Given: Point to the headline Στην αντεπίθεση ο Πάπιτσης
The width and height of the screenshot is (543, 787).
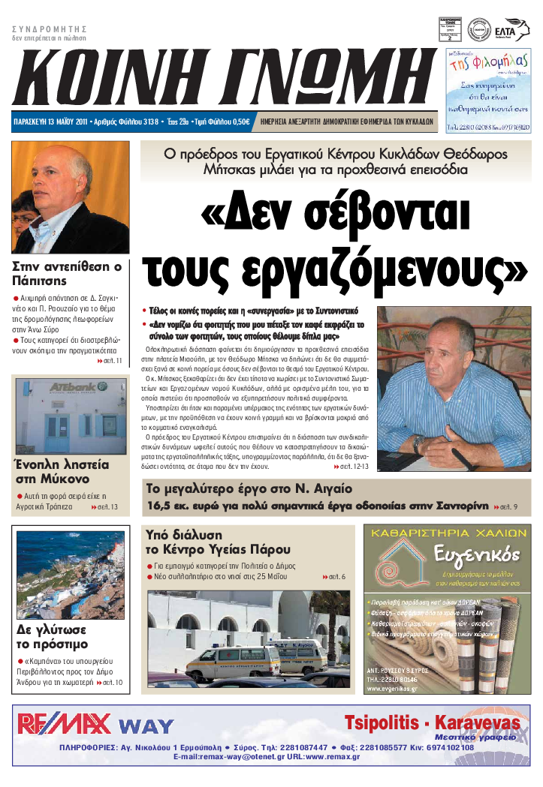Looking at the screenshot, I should click(68, 273).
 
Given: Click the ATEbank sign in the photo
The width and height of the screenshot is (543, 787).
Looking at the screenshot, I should click(68, 388).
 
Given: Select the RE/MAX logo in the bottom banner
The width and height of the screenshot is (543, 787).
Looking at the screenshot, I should click(64, 723).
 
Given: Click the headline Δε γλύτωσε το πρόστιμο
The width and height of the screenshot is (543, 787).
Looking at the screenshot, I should click(53, 636).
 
